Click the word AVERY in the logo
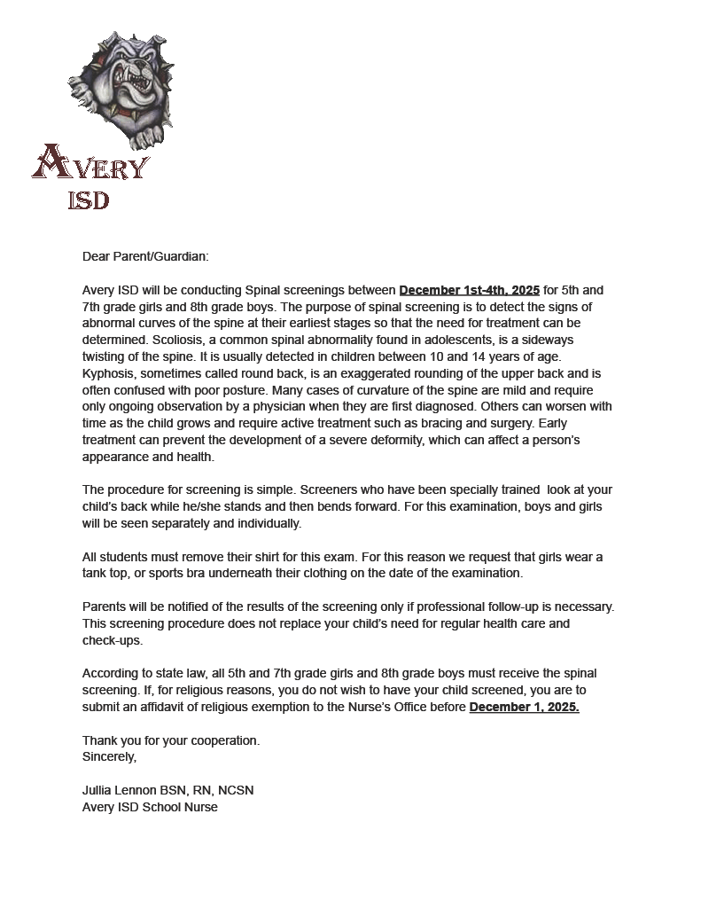[90, 165]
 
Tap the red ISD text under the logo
[89, 200]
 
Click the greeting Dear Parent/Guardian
[145, 256]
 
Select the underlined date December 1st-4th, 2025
[469, 290]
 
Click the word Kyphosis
[110, 373]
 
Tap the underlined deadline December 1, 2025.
[524, 707]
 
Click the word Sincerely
[110, 757]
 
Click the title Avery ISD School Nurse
[150, 807]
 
